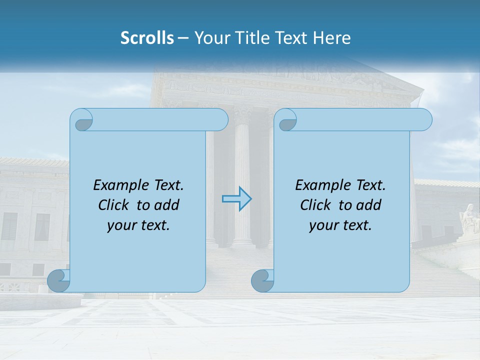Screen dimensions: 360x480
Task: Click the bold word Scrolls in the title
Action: coord(147,38)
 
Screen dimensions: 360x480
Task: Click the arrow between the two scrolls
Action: coord(236,199)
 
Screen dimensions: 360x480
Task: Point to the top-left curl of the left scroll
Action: coord(81,120)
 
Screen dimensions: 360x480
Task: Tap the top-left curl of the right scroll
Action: coord(285,120)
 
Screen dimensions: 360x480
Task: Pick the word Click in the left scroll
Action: coord(114,205)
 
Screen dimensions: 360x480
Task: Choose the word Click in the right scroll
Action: coord(316,205)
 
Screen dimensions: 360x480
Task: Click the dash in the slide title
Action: coord(183,38)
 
